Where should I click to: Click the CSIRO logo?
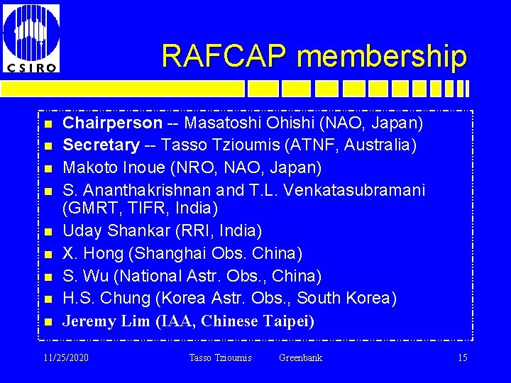pyautogui.click(x=31, y=37)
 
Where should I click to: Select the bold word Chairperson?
pyautogui.click(x=113, y=124)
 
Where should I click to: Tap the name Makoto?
pyautogui.click(x=90, y=168)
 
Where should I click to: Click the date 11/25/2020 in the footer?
pyautogui.click(x=66, y=357)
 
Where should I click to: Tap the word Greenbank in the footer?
pyautogui.click(x=300, y=357)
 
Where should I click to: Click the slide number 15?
pyautogui.click(x=462, y=357)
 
